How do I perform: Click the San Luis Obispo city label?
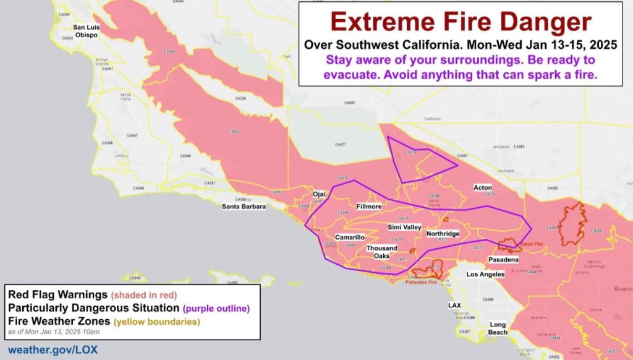(87, 31)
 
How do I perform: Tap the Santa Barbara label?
(244, 207)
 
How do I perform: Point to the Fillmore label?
(370, 206)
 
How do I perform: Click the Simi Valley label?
(404, 228)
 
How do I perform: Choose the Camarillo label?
(349, 238)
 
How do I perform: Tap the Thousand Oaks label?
(381, 252)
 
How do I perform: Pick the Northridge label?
(443, 234)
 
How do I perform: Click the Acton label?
(483, 187)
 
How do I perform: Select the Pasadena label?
(503, 260)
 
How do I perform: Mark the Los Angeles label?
(485, 274)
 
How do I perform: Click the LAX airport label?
(454, 306)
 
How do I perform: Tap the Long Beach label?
(498, 328)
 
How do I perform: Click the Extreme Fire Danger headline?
(461, 22)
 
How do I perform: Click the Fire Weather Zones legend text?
(60, 322)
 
